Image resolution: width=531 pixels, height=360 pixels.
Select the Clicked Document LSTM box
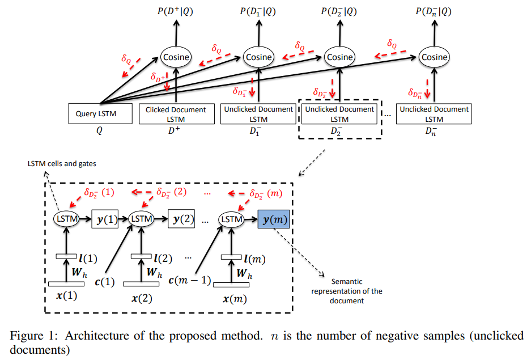[176, 113]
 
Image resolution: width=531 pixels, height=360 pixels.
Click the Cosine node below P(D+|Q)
[176, 57]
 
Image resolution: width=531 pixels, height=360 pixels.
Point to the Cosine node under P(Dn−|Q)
[435, 57]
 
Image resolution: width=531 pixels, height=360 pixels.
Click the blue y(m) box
[274, 219]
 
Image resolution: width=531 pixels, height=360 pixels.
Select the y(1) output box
[105, 219]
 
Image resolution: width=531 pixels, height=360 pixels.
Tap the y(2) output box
[181, 219]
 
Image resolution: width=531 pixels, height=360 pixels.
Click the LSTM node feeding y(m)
[232, 219]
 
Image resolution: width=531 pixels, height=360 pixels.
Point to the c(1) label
[104, 281]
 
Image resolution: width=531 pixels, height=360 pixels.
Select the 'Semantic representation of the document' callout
[355, 291]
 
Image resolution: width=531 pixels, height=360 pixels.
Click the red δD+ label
[158, 77]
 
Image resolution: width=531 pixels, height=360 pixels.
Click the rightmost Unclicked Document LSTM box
[434, 113]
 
